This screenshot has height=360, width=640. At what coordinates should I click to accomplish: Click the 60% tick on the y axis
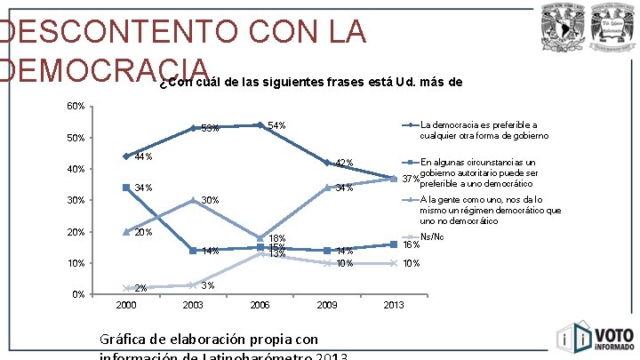point(76,107)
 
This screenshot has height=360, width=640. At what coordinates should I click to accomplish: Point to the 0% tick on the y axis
point(78,294)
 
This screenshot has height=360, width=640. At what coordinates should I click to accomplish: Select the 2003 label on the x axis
point(193,306)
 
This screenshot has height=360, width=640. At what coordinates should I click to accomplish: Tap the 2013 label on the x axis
point(394,306)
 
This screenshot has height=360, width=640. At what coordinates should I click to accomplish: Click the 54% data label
point(276,125)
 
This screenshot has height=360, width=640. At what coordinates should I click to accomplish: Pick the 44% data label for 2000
point(143,157)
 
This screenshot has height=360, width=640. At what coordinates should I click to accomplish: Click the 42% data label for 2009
point(345,163)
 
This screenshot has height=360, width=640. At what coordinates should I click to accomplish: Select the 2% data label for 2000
point(140,288)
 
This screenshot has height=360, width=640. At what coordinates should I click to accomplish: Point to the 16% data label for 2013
point(412,244)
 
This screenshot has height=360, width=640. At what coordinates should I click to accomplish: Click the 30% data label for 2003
point(210,200)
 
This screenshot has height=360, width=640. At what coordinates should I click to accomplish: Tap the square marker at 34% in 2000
point(126,188)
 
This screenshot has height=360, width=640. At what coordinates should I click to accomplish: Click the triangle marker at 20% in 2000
point(126,232)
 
